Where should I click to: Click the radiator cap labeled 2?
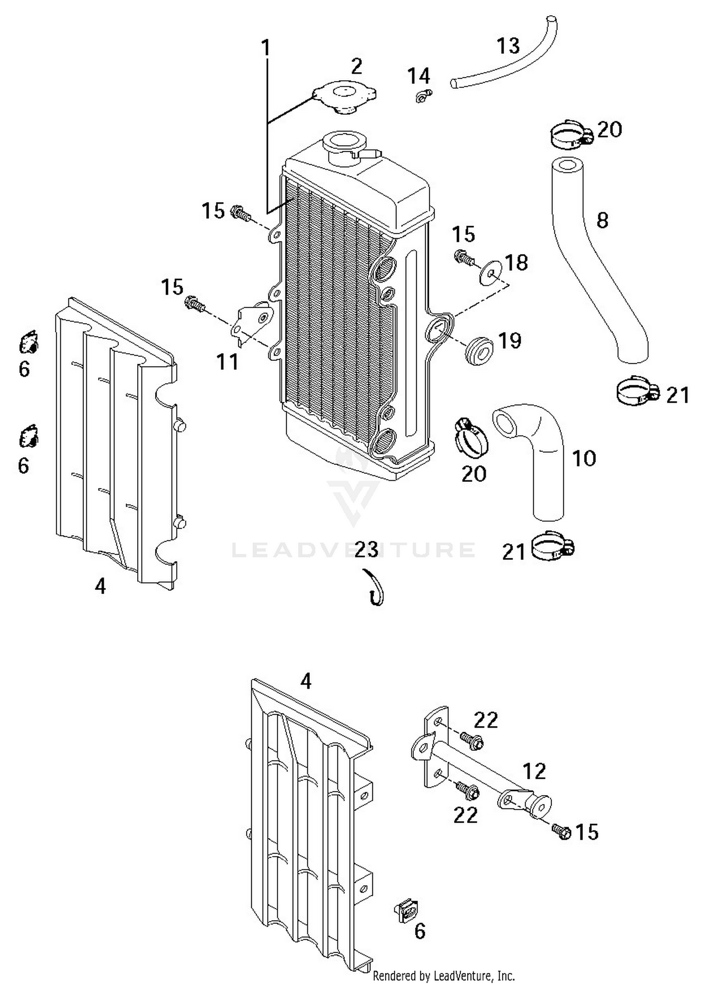[x=345, y=97]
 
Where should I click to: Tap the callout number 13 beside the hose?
[x=508, y=46]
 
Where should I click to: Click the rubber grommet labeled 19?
[x=479, y=350]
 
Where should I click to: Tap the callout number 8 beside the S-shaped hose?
[x=602, y=220]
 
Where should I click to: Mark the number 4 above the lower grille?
[x=306, y=681]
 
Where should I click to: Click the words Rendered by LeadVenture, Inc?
[x=443, y=975]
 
